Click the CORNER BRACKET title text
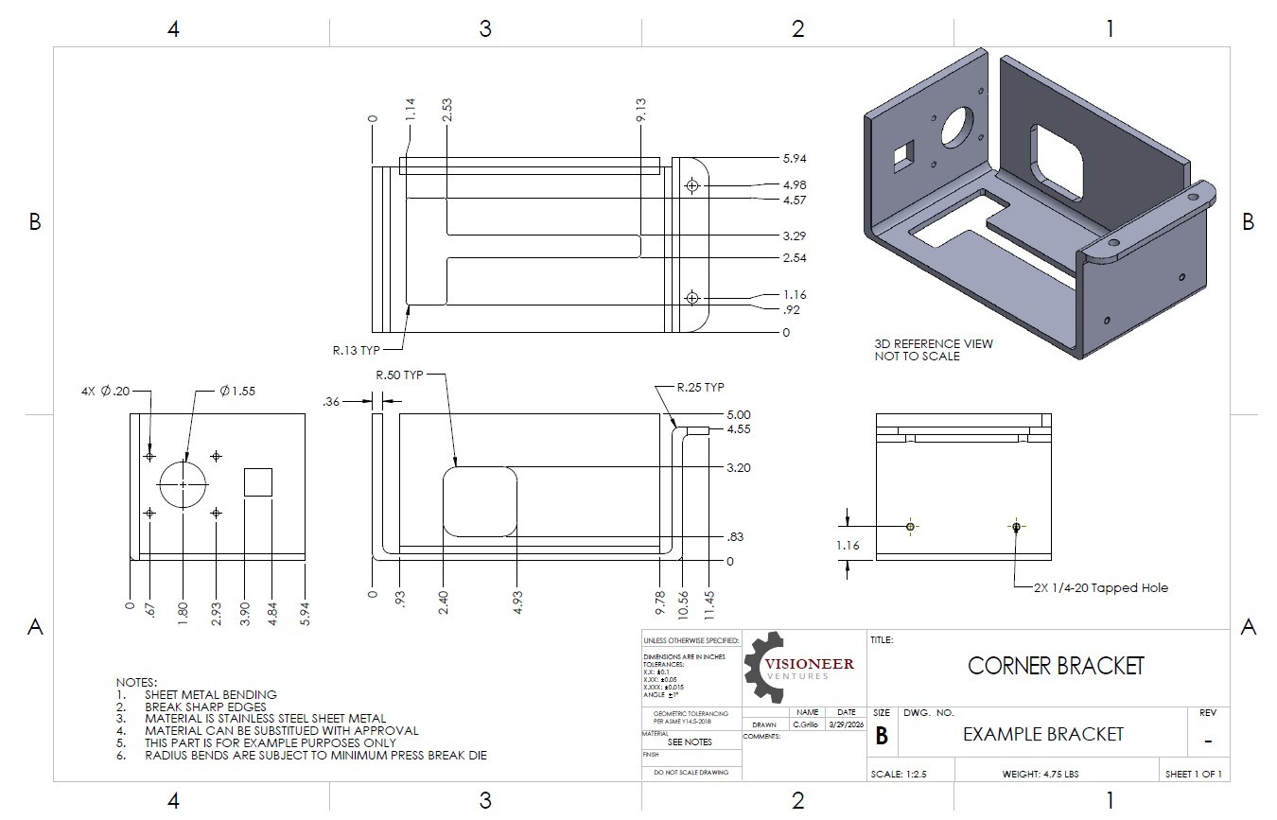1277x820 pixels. coord(1056,666)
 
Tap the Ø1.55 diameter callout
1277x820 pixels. coord(237,391)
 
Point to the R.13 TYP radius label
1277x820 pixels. coord(356,350)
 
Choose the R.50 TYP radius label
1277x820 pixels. coord(400,375)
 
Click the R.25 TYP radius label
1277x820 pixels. coord(701,388)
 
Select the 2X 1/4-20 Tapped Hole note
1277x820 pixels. coord(1101,587)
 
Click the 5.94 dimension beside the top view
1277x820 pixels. coord(794,159)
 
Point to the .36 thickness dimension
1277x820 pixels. coord(331,402)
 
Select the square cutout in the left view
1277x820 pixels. coord(258,481)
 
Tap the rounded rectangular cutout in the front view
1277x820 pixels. coord(481,502)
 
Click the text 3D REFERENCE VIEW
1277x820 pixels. coord(934,343)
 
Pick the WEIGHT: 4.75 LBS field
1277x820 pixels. coord(1041,774)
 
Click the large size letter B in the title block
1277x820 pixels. coord(882,736)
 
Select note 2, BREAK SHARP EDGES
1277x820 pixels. coord(204,707)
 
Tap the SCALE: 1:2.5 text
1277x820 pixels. coord(900,774)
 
